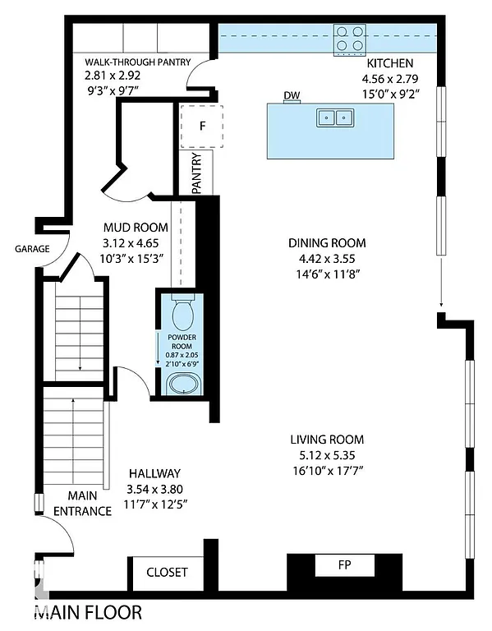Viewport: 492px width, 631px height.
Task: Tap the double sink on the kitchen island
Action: point(333,117)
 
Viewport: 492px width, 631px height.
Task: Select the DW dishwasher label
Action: point(291,96)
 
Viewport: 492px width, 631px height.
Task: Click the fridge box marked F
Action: point(202,126)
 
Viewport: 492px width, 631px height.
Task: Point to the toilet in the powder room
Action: point(183,313)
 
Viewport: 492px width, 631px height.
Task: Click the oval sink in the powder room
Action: point(182,384)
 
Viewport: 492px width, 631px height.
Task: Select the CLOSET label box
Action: point(167,572)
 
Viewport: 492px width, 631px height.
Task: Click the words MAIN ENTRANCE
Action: point(82,503)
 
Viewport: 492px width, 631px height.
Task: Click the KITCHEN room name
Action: point(389,63)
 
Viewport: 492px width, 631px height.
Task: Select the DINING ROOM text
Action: point(327,243)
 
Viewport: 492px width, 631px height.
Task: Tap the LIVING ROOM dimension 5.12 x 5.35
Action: point(327,454)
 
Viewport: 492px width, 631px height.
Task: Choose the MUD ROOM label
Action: point(136,228)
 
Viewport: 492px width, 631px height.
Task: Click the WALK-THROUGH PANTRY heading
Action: point(138,62)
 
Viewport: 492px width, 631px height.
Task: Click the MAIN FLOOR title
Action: point(87,612)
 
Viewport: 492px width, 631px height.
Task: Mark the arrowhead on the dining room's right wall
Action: point(441,302)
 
